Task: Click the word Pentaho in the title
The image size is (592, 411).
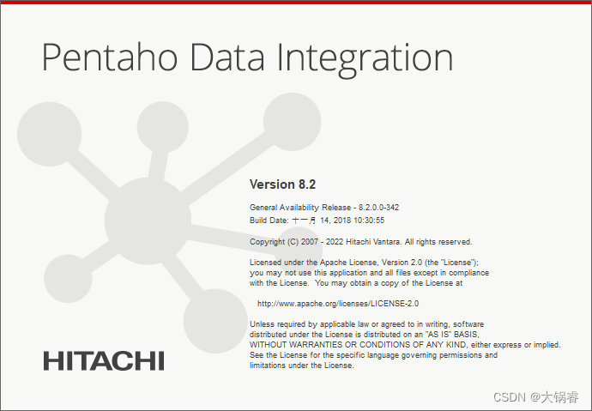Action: click(x=110, y=57)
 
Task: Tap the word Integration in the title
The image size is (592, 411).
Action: click(x=365, y=59)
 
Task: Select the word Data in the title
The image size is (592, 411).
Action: click(x=227, y=57)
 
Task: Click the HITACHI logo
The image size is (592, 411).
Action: click(x=104, y=360)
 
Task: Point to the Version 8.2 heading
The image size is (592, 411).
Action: click(x=282, y=184)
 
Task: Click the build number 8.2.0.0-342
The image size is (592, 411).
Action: click(x=378, y=207)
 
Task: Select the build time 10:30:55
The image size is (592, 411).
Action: click(x=368, y=220)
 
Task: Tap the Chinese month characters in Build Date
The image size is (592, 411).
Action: click(x=304, y=221)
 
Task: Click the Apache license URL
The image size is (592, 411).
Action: click(x=338, y=304)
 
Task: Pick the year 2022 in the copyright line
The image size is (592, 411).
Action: click(x=335, y=242)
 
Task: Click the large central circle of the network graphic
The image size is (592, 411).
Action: click(x=148, y=221)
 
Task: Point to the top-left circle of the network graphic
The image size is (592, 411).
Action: click(x=50, y=134)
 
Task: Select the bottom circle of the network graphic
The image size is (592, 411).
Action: click(x=215, y=321)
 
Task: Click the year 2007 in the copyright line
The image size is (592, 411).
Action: click(x=310, y=242)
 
